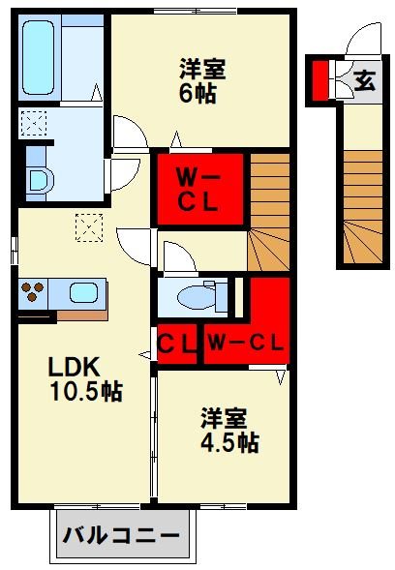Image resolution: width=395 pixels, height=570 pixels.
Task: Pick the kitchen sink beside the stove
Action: [82, 292]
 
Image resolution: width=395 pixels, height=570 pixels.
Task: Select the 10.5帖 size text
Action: [85, 393]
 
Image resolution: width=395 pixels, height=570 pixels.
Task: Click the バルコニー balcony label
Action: [122, 534]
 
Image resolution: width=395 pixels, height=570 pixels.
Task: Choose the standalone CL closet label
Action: [177, 342]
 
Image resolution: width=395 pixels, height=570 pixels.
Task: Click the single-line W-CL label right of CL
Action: [244, 342]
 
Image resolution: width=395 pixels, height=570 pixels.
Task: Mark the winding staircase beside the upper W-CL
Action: [269, 213]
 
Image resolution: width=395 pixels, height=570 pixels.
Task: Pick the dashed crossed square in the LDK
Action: [89, 228]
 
